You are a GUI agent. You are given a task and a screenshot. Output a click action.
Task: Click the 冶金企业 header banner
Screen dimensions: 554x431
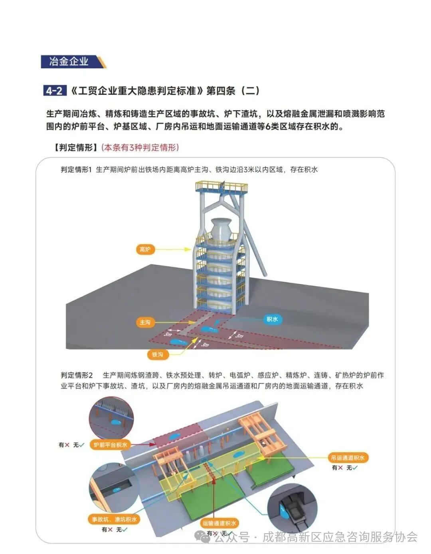point(70,62)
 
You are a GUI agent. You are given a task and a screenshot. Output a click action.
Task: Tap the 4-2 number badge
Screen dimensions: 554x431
point(54,91)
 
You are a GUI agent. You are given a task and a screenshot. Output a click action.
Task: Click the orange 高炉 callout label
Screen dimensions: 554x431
point(145,250)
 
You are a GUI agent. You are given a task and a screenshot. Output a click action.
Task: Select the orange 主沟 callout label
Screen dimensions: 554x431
point(145,322)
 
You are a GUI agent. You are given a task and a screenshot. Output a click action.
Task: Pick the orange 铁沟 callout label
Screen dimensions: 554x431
point(157,354)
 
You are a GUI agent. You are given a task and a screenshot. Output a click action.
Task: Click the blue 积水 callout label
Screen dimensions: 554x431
point(272,319)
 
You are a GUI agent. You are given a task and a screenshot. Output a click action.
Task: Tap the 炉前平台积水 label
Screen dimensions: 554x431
point(111,445)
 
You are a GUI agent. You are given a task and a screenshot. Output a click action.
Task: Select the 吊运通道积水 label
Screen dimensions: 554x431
point(348,458)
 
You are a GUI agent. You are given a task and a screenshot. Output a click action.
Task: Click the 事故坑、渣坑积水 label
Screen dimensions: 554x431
point(114,519)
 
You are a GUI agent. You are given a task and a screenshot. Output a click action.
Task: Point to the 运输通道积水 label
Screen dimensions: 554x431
point(219,523)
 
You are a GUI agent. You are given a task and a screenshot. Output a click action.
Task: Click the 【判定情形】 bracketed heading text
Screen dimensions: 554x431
point(75,148)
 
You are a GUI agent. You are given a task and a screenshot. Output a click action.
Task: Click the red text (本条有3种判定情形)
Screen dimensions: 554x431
point(140,148)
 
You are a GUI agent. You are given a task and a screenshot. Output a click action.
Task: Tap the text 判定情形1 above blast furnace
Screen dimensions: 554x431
point(76,170)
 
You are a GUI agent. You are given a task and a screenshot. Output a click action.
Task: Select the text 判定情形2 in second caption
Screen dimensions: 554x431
point(77,375)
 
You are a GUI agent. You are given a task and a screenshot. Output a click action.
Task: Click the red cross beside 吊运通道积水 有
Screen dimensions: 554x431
point(340,468)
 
